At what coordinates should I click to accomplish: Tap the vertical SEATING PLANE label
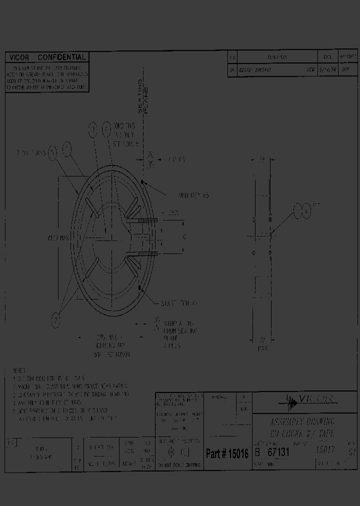tap(143, 95)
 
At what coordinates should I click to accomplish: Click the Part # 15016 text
tap(227, 453)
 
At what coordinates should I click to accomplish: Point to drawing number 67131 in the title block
tap(279, 451)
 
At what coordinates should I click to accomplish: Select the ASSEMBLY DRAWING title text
tap(294, 421)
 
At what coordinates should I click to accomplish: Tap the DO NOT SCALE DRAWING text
tap(178, 465)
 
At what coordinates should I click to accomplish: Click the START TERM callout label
tap(179, 303)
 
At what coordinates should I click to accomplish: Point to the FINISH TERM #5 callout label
tap(193, 195)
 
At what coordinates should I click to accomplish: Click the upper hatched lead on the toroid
tap(146, 220)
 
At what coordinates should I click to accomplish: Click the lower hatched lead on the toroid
tap(146, 255)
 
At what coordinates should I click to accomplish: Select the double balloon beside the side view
tap(301, 211)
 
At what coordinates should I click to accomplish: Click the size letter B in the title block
tap(257, 451)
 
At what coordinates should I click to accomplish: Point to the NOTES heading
tap(19, 371)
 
